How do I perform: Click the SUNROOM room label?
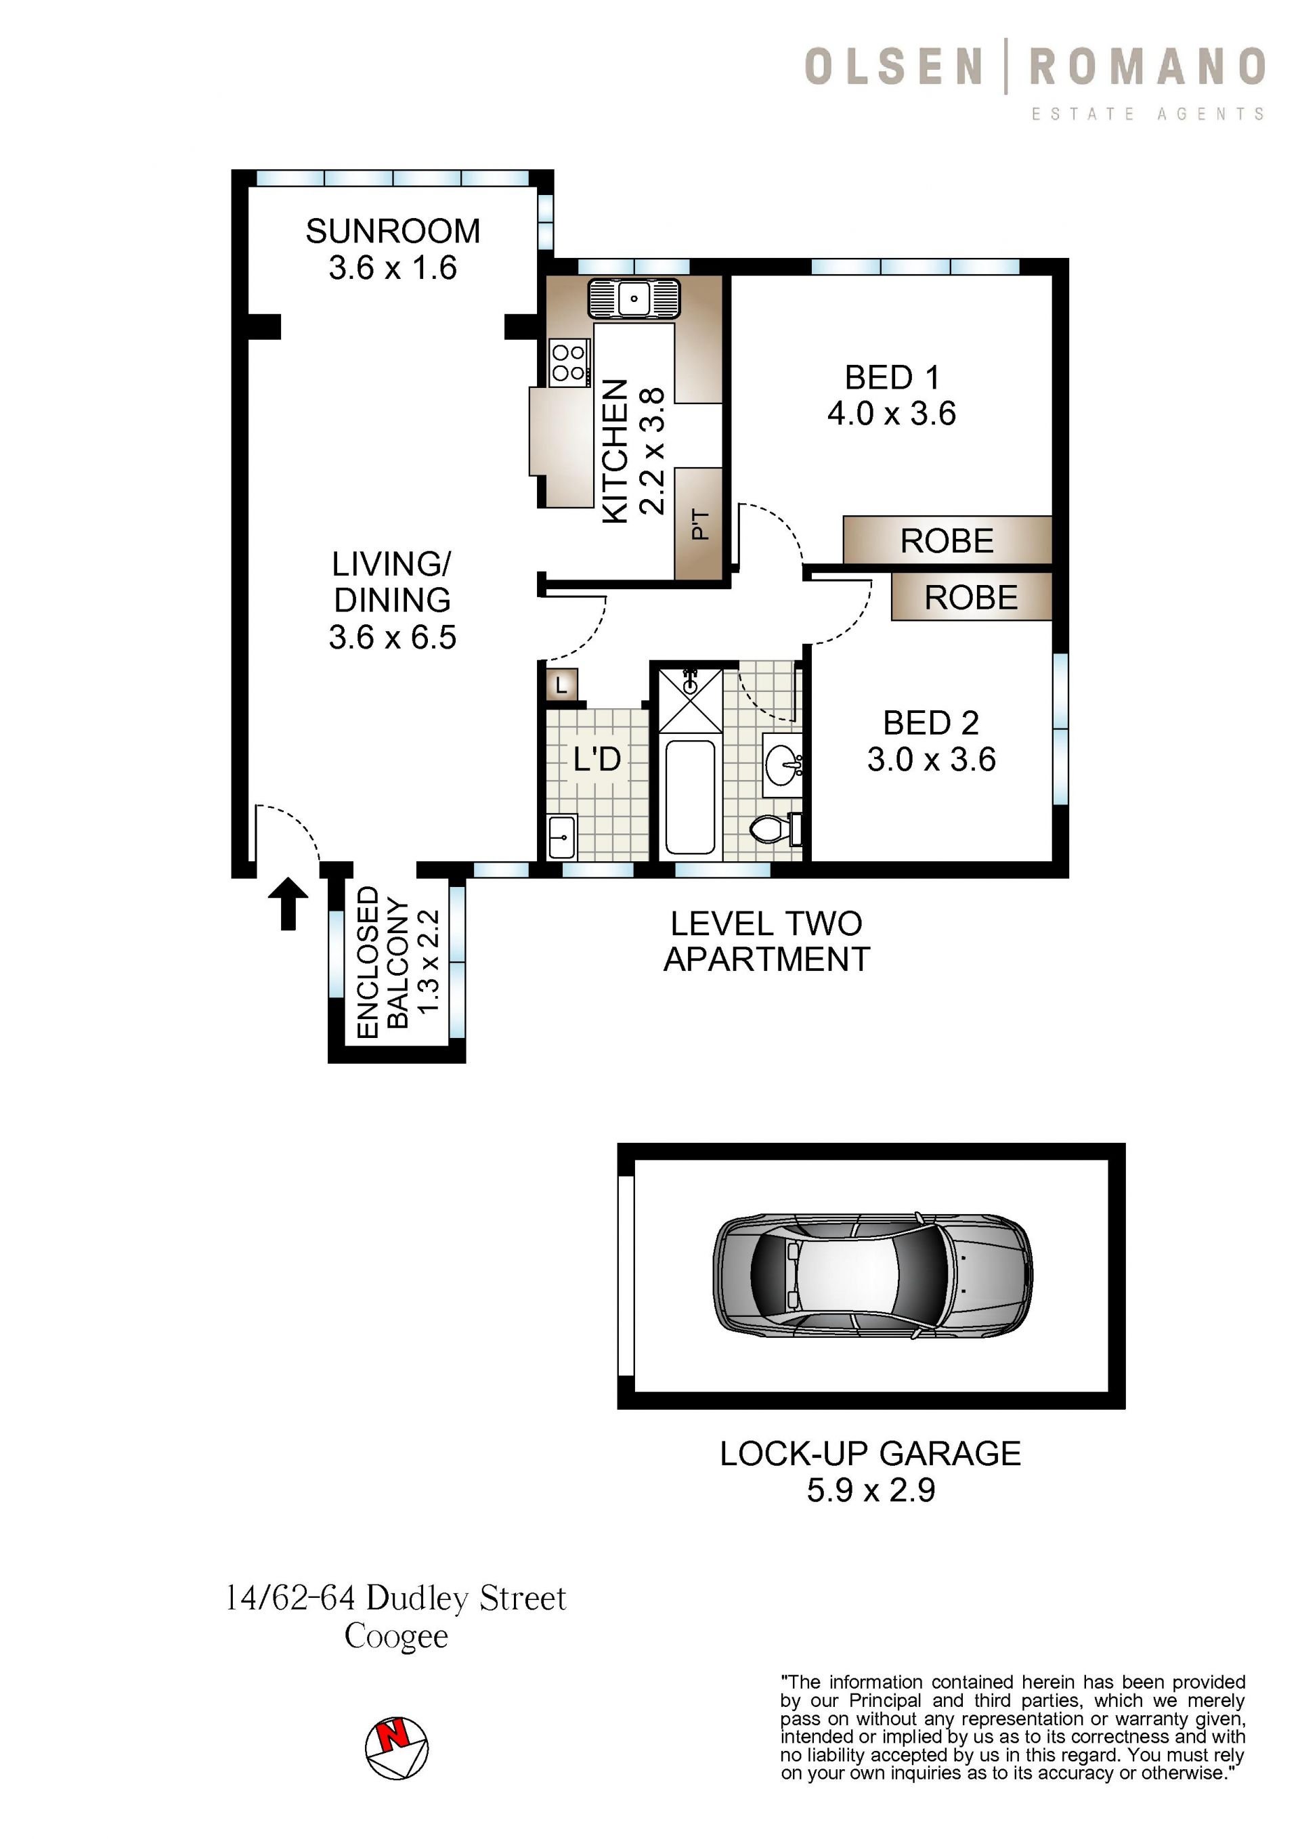393,232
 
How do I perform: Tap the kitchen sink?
634,299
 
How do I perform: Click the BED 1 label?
892,377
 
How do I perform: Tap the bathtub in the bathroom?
690,797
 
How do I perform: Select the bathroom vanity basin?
783,765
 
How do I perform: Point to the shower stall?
690,701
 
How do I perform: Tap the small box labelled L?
561,685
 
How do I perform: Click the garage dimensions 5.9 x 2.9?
871,1490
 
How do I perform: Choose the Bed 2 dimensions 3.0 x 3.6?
932,759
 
